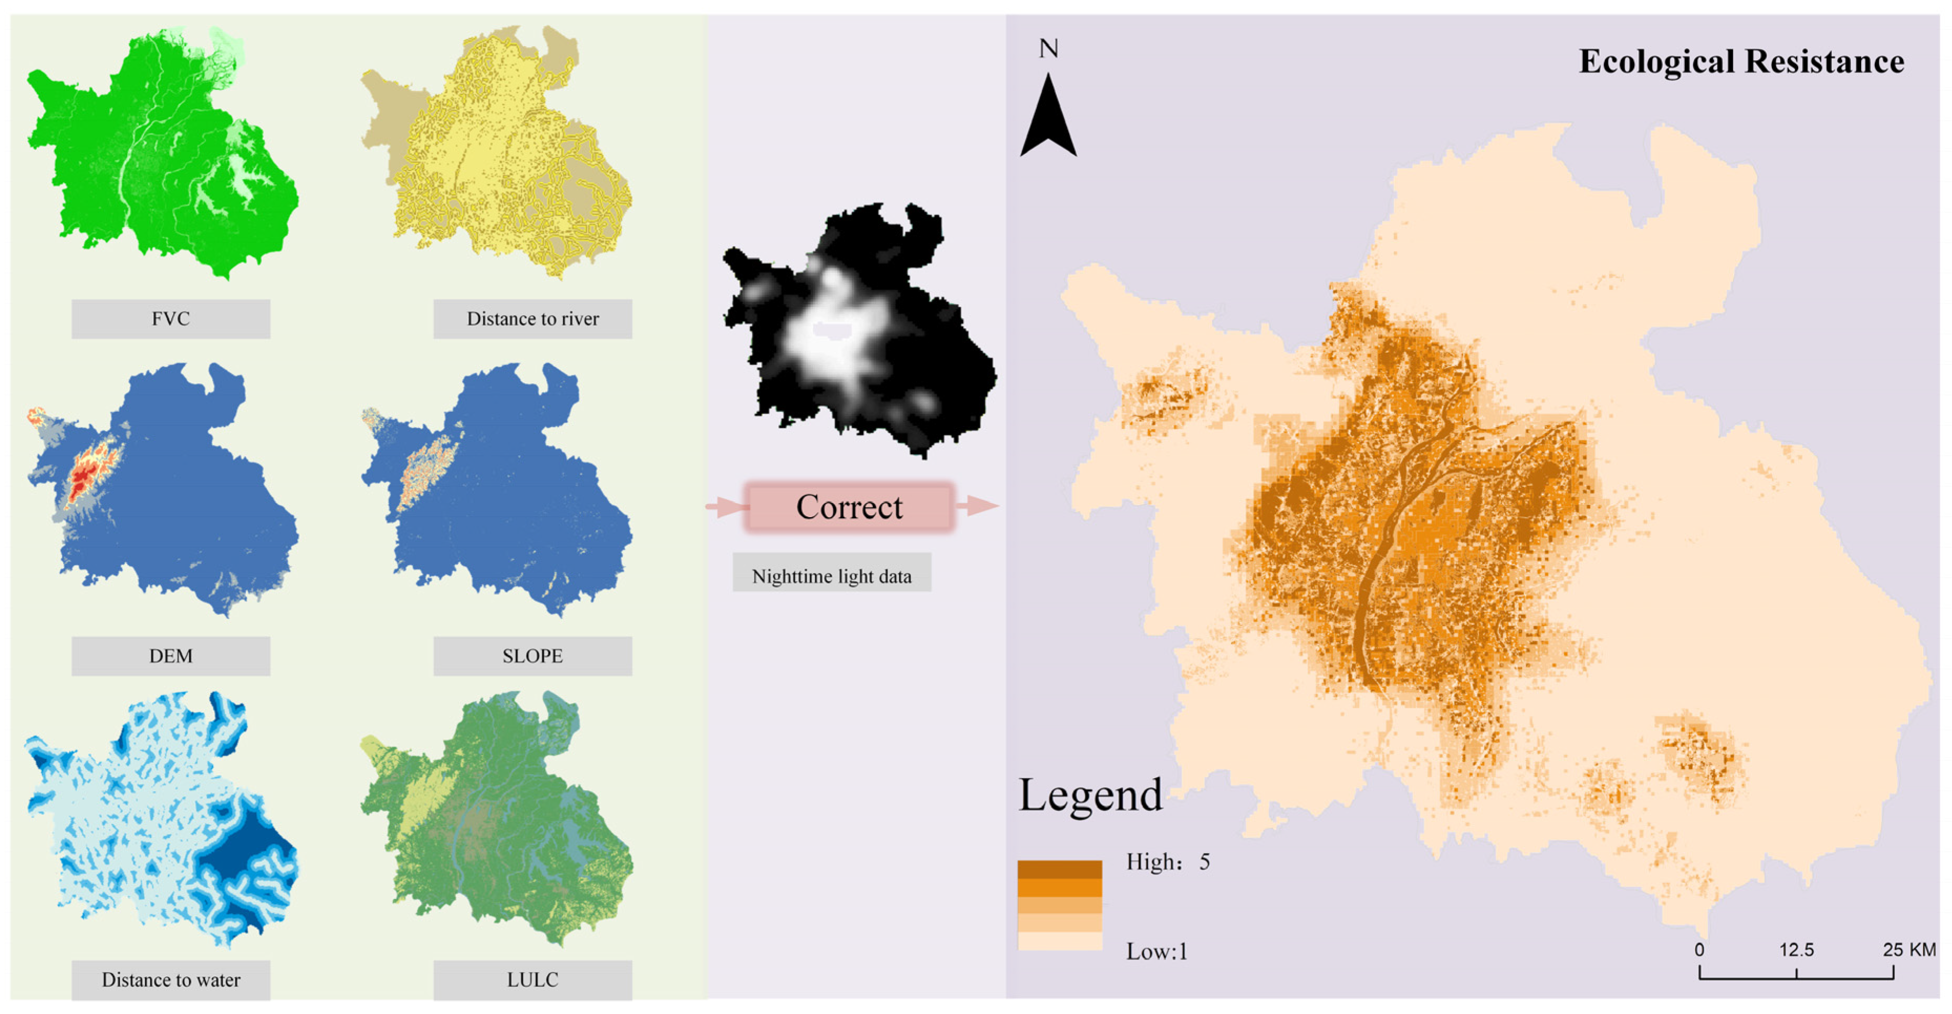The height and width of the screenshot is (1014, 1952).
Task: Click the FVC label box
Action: click(x=171, y=318)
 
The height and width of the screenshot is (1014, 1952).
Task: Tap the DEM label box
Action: click(x=171, y=655)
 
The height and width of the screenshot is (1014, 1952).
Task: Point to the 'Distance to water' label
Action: click(x=171, y=980)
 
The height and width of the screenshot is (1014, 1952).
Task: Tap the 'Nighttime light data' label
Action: click(x=831, y=576)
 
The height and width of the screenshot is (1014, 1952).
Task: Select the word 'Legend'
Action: click(x=1089, y=796)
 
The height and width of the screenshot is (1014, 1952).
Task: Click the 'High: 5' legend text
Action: click(x=1167, y=862)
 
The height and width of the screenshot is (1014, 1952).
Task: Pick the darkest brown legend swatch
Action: click(x=1059, y=869)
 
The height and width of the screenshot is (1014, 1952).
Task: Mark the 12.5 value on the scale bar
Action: click(x=1796, y=949)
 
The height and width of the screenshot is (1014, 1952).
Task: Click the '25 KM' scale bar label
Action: click(x=1909, y=949)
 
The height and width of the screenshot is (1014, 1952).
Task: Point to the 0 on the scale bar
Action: click(x=1699, y=949)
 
